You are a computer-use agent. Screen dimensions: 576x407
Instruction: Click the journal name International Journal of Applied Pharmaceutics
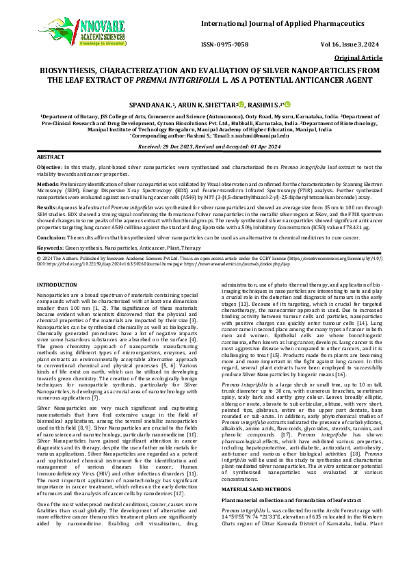coord(286,25)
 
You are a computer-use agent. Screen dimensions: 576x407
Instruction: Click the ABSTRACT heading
coord(51,157)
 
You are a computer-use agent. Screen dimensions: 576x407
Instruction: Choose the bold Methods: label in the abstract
coord(48,183)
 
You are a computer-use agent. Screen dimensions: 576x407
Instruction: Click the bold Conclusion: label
coord(53,236)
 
